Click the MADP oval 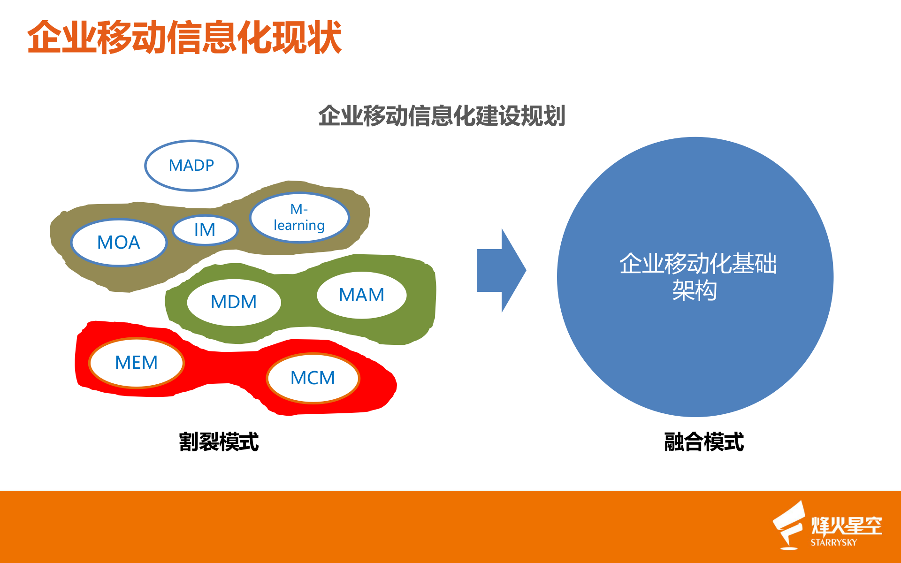pos(191,166)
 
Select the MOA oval pos(119,243)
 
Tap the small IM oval pos(205,230)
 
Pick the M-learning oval pos(299,217)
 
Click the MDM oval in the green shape pos(234,302)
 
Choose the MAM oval pos(361,295)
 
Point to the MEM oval pos(136,363)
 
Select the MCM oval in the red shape pos(313,378)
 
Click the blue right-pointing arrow pos(500,270)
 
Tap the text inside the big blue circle pos(697,276)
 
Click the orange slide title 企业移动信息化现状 pos(184,38)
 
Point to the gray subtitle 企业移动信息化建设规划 pos(442,116)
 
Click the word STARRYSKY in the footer pos(833,542)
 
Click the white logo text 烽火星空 pos(847,525)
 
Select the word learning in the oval pos(299,226)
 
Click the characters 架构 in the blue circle pos(695,290)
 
